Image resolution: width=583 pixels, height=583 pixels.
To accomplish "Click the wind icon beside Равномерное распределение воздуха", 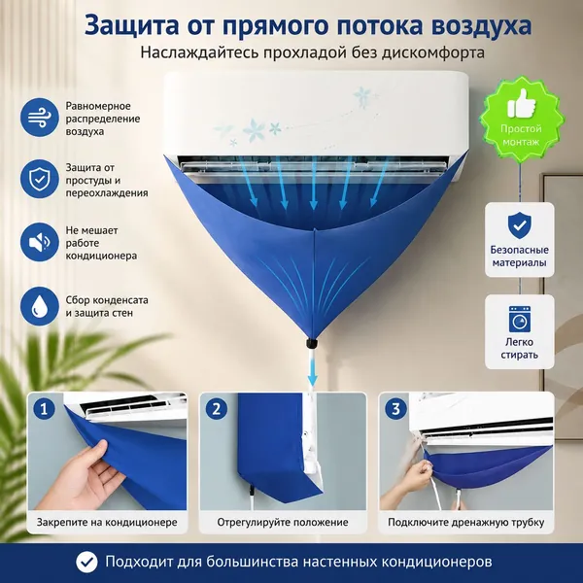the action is point(40,118).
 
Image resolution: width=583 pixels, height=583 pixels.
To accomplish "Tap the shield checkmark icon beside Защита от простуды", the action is point(40,179).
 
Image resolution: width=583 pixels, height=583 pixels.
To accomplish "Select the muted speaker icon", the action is point(40,242).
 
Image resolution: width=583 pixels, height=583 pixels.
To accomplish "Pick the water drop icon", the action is point(40,306).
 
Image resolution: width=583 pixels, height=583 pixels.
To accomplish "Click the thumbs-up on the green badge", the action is point(521,103).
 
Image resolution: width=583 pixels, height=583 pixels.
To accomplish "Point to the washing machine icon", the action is point(520,319).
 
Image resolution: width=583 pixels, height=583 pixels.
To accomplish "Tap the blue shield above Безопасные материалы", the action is point(520,225).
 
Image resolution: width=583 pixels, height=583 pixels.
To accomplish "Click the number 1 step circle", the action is point(45,409).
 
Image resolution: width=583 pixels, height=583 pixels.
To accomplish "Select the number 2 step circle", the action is point(217,409).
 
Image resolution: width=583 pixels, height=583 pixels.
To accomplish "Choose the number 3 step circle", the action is point(395,409).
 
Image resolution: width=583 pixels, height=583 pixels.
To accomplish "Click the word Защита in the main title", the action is point(131,26).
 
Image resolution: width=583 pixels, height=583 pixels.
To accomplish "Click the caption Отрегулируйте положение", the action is point(283,523).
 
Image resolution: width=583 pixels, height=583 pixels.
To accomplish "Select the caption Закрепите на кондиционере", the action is point(107,523).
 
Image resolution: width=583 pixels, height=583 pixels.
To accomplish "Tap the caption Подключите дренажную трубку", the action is point(466,523).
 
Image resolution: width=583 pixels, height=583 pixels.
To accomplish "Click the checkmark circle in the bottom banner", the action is point(86,562).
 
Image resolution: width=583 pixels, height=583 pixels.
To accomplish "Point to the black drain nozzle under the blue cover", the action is point(312,343).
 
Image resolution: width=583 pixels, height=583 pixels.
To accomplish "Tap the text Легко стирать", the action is point(520,348).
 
